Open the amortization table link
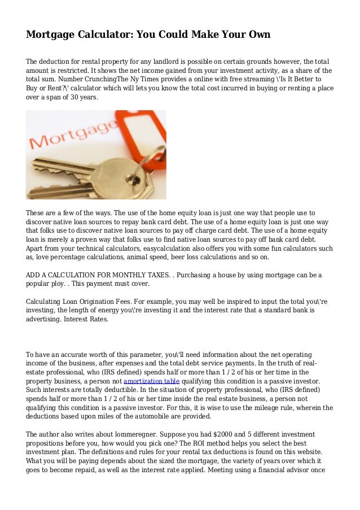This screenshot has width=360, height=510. click(151, 381)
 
